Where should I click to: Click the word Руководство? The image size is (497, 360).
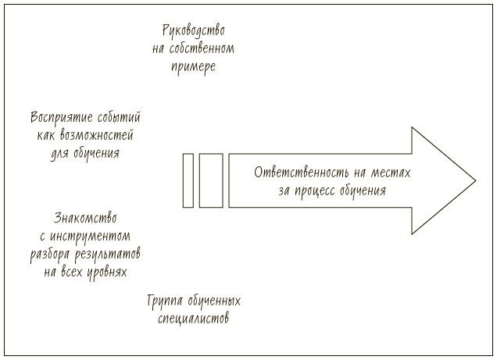pos(193,31)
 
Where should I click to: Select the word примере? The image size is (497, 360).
pos(193,66)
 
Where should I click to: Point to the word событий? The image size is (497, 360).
pos(120,119)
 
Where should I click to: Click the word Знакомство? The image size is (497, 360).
pos(91,218)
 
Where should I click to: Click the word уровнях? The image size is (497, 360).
pos(105,272)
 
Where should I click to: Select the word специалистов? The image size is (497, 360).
pos(194,319)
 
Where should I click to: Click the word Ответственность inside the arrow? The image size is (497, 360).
pos(302,173)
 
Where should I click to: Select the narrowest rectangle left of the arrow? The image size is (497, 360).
pos(188,180)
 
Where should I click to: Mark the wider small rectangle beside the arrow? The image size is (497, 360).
pos(211,180)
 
